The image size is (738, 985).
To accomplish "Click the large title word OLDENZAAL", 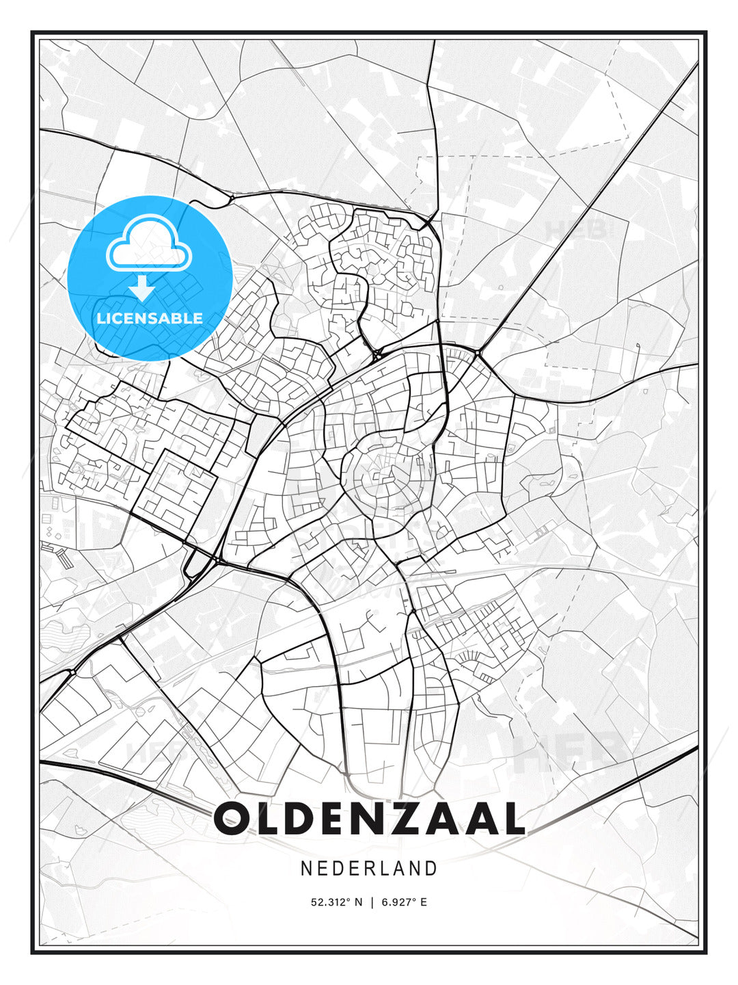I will [x=369, y=819].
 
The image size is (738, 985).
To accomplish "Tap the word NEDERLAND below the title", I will [x=369, y=869].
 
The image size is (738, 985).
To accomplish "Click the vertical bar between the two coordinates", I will [x=371, y=902].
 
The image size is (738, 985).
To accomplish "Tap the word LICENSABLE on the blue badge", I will [x=150, y=318].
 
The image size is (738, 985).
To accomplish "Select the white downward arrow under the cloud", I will [x=142, y=288].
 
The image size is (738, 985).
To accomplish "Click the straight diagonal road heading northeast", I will [x=588, y=205].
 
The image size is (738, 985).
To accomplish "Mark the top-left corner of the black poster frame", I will [x=32, y=32].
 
